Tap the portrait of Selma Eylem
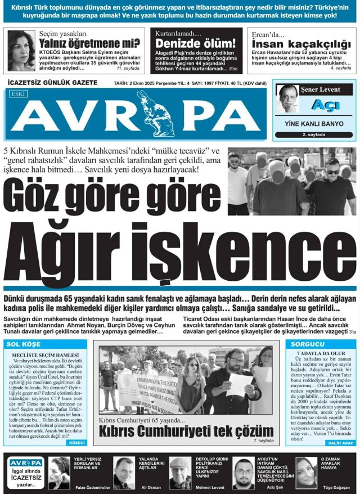pos(21,50)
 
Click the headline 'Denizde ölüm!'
pos(195,43)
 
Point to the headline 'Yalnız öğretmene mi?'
pos(89,43)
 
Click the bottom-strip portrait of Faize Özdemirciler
pos(60,472)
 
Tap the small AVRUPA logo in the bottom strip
pos(25,462)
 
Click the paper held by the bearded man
pos(240,384)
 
